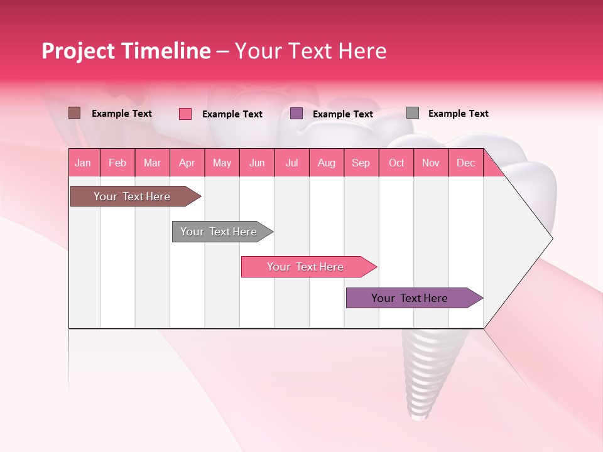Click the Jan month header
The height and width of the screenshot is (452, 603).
click(x=84, y=163)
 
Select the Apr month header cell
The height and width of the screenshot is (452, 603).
click(x=187, y=163)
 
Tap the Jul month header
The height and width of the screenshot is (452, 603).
click(x=291, y=163)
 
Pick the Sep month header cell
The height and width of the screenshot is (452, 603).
click(x=361, y=163)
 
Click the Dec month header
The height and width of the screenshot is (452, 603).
click(x=465, y=163)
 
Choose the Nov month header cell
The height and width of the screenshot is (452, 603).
click(x=431, y=163)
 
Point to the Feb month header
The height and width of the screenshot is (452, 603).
click(x=117, y=163)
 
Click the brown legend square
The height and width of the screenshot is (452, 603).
click(x=75, y=113)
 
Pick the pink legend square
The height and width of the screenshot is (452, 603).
click(x=185, y=114)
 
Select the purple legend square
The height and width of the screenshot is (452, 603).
click(x=296, y=114)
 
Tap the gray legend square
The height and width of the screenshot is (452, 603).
click(x=413, y=113)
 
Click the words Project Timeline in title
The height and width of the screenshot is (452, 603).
click(x=126, y=51)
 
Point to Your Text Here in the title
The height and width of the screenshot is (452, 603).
click(x=310, y=51)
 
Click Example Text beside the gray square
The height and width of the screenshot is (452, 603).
click(x=458, y=114)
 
